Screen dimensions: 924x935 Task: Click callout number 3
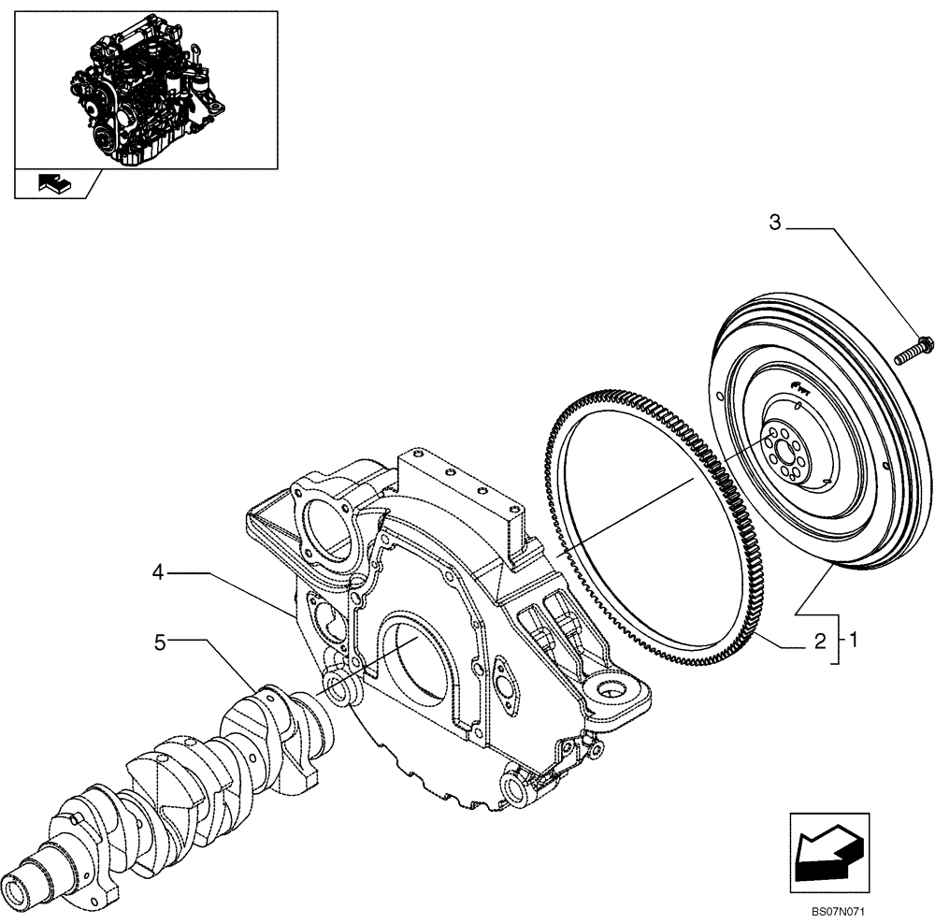(x=774, y=223)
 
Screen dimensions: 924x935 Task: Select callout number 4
(x=159, y=572)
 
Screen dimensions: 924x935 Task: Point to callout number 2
(x=819, y=642)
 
